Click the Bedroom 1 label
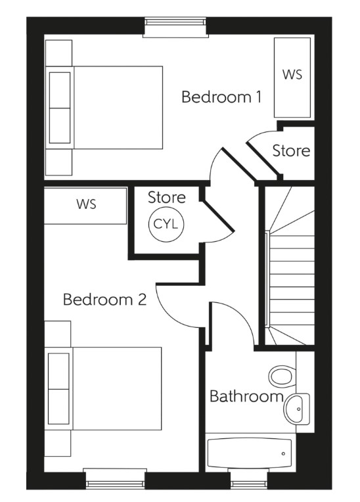[221, 97]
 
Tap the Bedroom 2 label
[104, 300]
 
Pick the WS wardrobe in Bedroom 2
[85, 204]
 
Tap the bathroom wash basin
[297, 409]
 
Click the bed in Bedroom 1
[105, 108]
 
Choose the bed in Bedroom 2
[105, 388]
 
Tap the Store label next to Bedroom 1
[291, 150]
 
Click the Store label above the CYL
[166, 197]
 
